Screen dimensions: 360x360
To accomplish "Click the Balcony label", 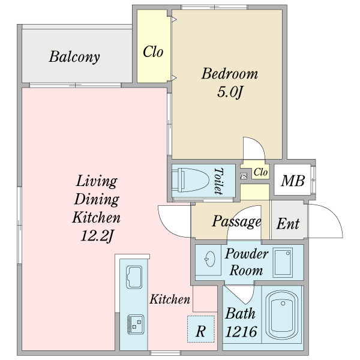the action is point(74,56).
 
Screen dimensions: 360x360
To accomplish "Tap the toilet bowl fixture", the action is point(190,180).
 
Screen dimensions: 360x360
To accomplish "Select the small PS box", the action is point(244,176).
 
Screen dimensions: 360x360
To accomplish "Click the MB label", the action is point(293,181).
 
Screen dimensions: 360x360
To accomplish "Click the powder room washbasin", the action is point(210,259).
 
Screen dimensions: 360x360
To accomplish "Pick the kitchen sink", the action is point(134,277).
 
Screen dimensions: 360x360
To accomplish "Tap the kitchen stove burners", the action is point(136,325).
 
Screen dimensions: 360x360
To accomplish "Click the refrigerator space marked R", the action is point(201,329).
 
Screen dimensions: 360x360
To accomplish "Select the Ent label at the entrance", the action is point(288,224).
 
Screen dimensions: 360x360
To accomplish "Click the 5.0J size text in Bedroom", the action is point(230,92).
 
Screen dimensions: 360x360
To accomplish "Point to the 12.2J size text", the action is point(97,235).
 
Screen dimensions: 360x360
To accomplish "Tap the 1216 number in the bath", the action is point(241,332).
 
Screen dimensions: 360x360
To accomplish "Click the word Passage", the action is point(236,221).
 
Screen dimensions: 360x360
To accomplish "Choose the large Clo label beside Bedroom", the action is point(153,52).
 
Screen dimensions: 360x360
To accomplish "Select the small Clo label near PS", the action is point(260,172).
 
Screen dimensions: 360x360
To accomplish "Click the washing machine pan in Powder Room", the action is point(283,262).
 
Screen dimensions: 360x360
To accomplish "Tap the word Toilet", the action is point(218,181).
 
